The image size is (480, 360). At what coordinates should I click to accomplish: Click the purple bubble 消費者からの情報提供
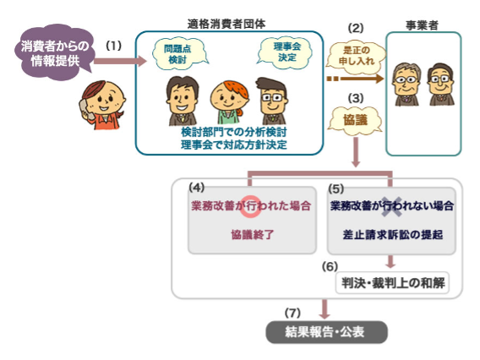54,52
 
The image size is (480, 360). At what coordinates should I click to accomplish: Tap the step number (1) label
113,46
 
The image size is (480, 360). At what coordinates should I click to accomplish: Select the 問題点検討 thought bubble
178,54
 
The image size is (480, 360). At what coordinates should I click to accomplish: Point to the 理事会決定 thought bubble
286,52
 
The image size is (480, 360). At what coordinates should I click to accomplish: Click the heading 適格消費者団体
226,24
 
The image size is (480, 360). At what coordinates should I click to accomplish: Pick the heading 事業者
422,25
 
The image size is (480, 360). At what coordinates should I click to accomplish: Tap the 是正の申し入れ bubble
356,56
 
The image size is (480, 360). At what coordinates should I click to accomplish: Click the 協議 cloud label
355,120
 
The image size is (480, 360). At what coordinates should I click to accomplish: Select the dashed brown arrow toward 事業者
355,79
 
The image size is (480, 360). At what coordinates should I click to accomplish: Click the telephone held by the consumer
85,109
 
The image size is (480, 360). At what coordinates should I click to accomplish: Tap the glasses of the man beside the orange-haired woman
272,98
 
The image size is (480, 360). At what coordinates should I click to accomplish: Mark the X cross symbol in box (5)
391,207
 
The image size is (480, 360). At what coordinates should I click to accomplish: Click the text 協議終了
252,235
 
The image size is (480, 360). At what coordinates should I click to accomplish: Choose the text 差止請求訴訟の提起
392,235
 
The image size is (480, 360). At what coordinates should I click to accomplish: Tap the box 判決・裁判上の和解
392,283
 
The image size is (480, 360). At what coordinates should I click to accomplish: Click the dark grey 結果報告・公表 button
326,332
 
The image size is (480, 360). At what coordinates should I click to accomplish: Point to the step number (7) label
292,313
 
